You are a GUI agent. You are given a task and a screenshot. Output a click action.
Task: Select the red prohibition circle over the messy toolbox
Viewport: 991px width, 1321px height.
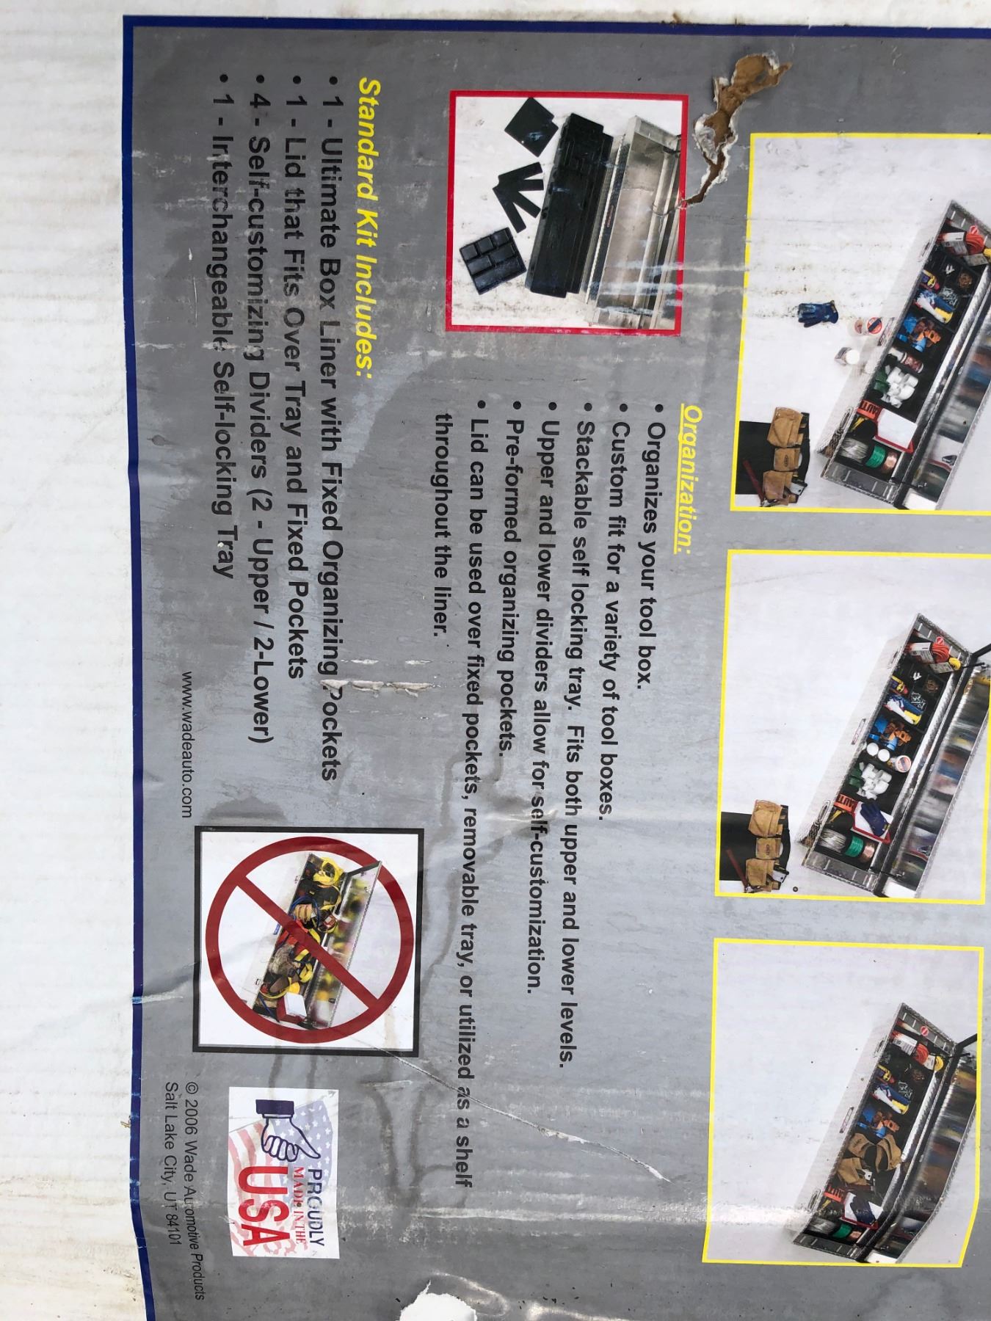pos(308,936)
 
